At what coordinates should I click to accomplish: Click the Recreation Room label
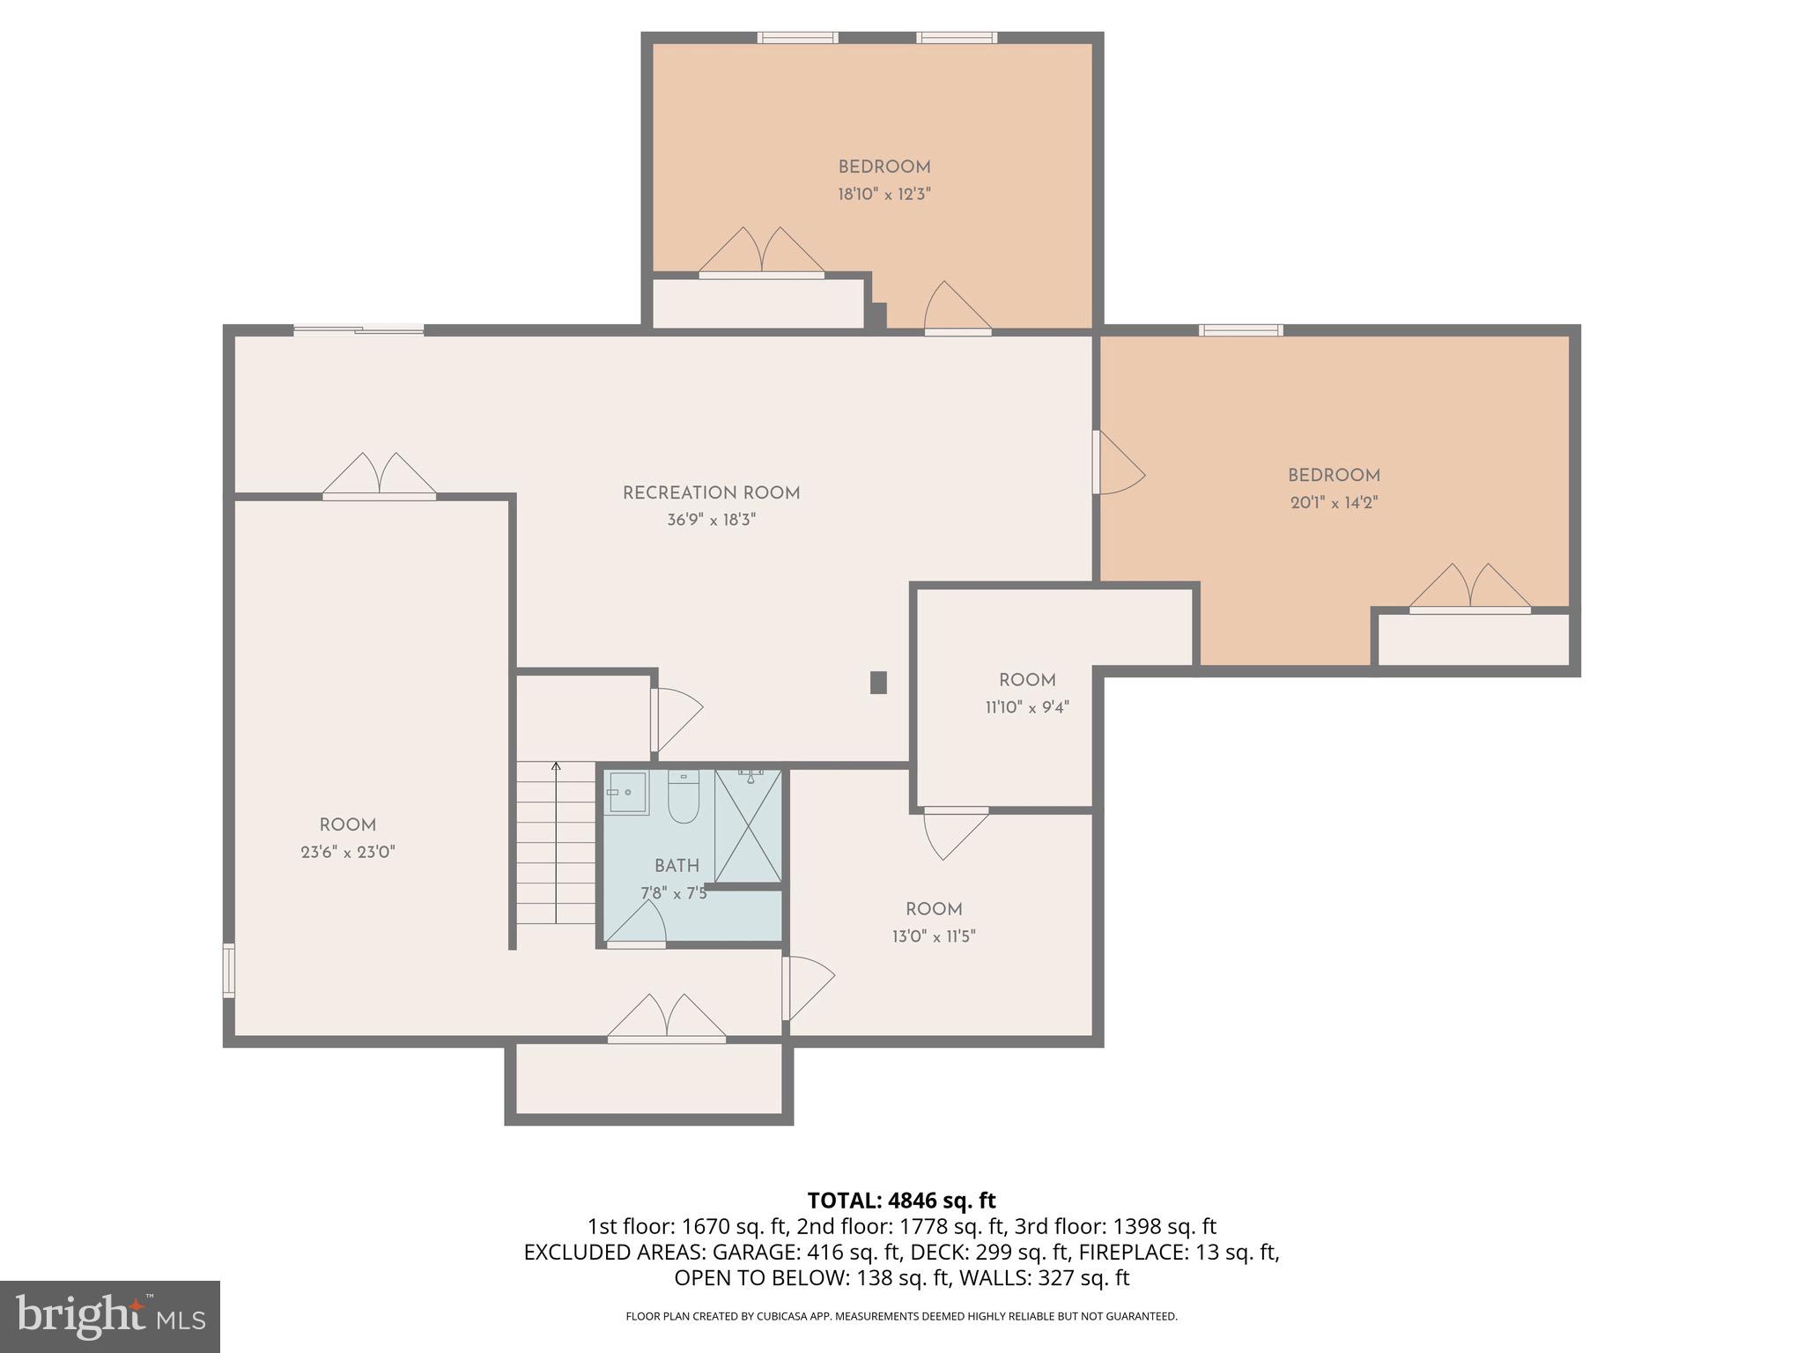711,493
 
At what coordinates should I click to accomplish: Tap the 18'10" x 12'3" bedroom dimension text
884,195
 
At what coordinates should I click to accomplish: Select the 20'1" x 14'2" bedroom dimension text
1334,503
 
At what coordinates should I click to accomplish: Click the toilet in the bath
683,796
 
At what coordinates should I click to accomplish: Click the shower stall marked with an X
748,825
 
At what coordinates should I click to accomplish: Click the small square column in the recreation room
878,683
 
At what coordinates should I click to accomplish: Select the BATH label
676,866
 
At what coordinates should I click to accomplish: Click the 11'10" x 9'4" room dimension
1027,707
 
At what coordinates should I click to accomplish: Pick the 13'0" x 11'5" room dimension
934,936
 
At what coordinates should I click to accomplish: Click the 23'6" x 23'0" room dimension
347,853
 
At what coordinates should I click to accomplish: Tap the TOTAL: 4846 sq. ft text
901,1201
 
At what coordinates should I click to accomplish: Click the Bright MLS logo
110,1316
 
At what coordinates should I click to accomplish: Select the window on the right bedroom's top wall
1240,330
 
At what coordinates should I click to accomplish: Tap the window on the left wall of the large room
228,970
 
